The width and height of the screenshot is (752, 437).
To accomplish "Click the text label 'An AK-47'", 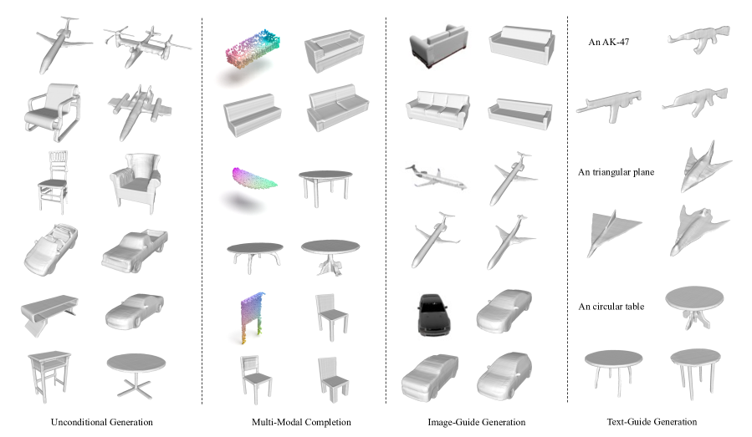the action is [609, 42].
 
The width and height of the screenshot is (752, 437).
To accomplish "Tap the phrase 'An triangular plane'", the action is [616, 172].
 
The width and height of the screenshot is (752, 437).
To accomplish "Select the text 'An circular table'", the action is [611, 307].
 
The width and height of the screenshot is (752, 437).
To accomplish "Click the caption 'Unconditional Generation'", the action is [102, 422].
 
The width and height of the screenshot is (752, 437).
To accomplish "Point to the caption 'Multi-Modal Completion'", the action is [301, 422].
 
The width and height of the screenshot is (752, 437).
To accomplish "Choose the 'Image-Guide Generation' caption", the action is [476, 422].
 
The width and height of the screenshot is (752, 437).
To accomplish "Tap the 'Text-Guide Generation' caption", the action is [652, 422].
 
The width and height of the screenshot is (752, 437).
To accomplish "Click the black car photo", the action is [433, 314].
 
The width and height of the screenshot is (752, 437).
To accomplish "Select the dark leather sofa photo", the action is [438, 46].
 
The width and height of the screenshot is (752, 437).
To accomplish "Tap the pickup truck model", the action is [135, 250].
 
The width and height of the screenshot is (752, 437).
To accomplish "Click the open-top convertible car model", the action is [50, 250].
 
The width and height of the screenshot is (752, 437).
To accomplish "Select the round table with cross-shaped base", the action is [136, 374].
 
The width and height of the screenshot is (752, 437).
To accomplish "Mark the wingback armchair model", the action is [136, 182].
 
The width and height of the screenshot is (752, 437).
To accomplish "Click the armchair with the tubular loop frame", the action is [52, 113].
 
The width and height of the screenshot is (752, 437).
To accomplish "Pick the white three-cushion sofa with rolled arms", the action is [437, 110].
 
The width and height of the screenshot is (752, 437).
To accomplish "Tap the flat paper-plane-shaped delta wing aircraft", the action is [613, 233].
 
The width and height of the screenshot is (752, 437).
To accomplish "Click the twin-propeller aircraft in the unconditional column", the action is [146, 47].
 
